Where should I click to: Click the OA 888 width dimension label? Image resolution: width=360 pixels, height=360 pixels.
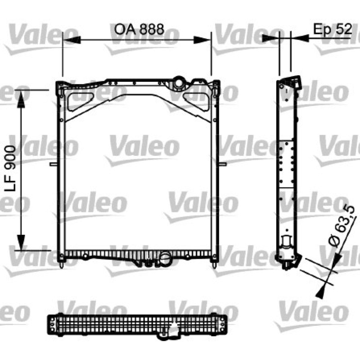pyautogui.click(x=139, y=29)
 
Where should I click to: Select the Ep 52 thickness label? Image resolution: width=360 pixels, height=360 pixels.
pyautogui.click(x=333, y=29)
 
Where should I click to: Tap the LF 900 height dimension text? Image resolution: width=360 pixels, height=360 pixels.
pyautogui.click(x=11, y=168)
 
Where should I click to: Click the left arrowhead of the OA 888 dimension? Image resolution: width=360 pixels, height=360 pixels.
pyautogui.click(x=72, y=40)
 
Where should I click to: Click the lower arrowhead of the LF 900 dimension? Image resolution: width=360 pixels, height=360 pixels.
pyautogui.click(x=21, y=242)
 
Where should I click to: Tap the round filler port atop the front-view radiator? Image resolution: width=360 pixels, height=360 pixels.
pyautogui.click(x=179, y=83)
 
